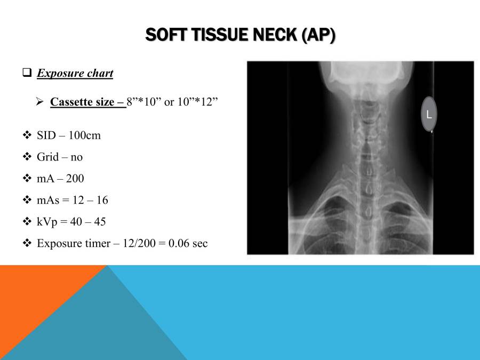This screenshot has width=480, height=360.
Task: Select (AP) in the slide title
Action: (318, 36)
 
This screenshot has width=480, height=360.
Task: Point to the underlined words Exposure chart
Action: (75, 73)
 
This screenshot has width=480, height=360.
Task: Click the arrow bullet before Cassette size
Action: (39, 101)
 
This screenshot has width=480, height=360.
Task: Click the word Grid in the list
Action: (47, 157)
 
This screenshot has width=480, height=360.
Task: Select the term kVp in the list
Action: (47, 222)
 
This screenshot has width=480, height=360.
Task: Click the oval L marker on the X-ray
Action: (429, 114)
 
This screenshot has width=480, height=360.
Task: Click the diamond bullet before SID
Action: (28, 135)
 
